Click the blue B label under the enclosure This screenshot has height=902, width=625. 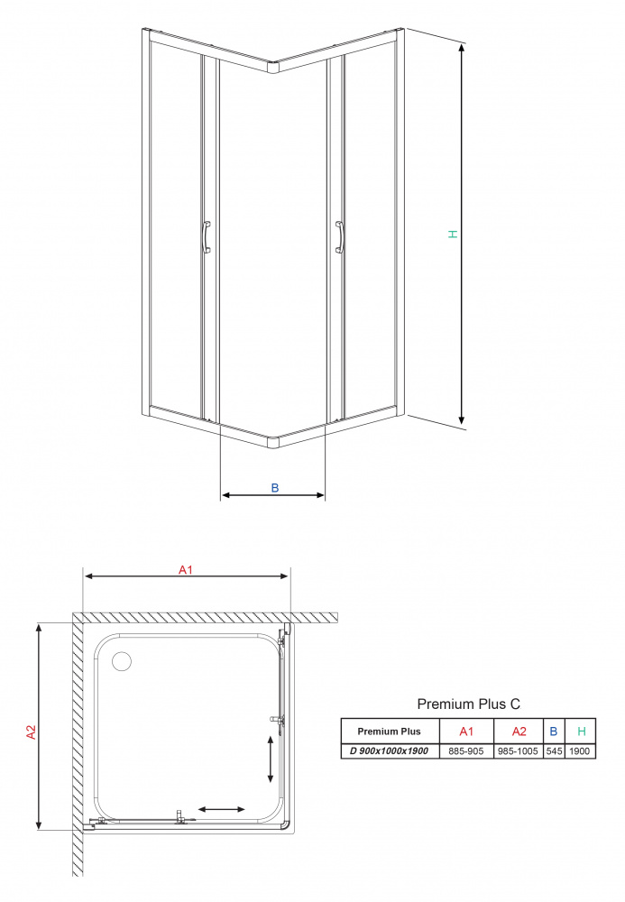[x=275, y=488]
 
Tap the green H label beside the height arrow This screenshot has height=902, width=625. [x=453, y=235]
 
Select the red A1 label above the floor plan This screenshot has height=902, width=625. [x=186, y=569]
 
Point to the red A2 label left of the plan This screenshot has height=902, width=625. [x=31, y=732]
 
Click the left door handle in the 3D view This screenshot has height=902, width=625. [x=207, y=237]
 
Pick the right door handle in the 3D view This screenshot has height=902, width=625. [x=339, y=237]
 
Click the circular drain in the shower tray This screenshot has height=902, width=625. [x=122, y=661]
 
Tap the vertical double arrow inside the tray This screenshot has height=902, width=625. [x=271, y=759]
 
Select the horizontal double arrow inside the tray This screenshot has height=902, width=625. [x=221, y=809]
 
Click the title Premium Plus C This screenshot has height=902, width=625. [x=469, y=704]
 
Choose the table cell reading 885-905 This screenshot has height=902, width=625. [x=466, y=750]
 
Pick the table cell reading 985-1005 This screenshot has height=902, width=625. [x=518, y=750]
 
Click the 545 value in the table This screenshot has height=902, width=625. [x=555, y=750]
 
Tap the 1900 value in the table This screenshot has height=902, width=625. [x=580, y=750]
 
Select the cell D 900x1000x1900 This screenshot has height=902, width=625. [x=390, y=750]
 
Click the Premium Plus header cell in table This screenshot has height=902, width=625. [x=390, y=732]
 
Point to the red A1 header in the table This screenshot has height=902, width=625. [x=466, y=732]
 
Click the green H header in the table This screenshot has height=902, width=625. [x=582, y=732]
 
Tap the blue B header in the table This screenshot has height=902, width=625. [x=554, y=732]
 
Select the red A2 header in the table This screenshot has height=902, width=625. [x=519, y=732]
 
